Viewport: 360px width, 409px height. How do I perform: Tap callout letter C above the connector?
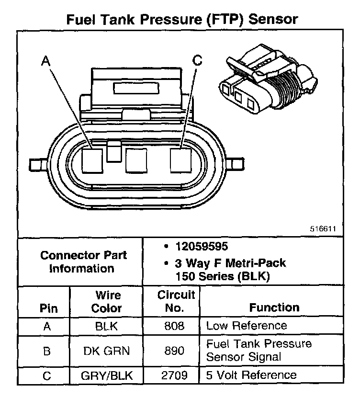coord(197,60)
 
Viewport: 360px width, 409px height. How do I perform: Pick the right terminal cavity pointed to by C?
coord(180,160)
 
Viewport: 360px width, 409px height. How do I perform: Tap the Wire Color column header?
coord(107,302)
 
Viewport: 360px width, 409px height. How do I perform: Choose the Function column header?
coord(274,307)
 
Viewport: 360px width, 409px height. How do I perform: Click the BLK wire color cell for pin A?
coord(107,326)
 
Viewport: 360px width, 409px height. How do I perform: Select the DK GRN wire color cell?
coord(107,351)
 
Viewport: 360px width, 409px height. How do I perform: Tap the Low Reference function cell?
coord(246,326)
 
